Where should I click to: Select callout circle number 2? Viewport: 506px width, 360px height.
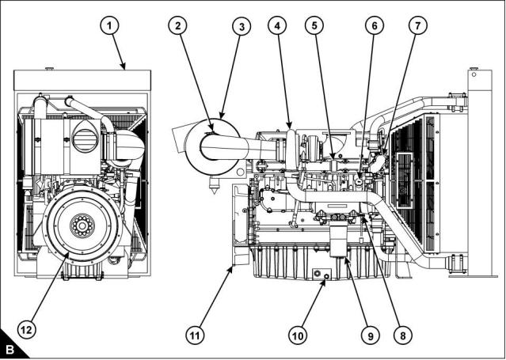tap(180, 26)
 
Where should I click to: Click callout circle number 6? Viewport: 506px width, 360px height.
tap(370, 26)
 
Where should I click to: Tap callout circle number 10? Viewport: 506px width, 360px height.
tap(297, 334)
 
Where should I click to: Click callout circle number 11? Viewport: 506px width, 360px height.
tap(194, 334)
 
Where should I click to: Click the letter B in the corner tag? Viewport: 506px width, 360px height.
tap(11, 349)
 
